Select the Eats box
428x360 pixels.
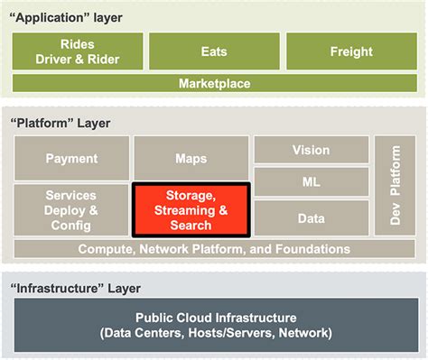coord(213,52)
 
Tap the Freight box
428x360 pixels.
coord(351,52)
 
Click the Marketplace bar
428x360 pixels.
coord(214,84)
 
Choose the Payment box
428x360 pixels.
coord(71,158)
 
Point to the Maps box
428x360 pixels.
coord(191,158)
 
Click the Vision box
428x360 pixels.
coord(311,150)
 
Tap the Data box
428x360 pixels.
coord(311,217)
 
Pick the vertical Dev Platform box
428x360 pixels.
coord(395,186)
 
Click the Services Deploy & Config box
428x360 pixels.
coord(71,209)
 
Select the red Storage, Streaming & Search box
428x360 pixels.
coord(191,209)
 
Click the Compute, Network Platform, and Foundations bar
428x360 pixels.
coord(214,249)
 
